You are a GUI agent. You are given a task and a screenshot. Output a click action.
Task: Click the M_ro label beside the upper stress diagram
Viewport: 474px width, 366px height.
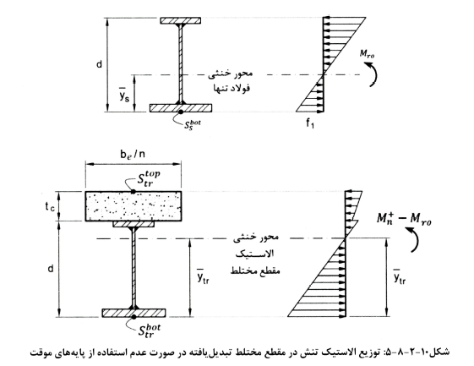(x=367, y=54)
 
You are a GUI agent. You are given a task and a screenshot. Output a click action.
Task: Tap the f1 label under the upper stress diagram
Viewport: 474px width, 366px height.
(x=310, y=123)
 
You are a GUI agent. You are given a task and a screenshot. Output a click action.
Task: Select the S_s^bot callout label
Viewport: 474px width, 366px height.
(x=193, y=124)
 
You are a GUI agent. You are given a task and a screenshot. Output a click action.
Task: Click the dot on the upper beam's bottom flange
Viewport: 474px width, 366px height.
(x=181, y=112)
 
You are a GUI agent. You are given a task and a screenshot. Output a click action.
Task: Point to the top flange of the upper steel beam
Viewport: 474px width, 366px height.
(x=181, y=20)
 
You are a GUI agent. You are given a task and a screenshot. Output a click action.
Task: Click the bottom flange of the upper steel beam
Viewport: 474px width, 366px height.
(x=181, y=108)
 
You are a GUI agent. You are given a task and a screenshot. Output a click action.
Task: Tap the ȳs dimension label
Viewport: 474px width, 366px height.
(x=124, y=95)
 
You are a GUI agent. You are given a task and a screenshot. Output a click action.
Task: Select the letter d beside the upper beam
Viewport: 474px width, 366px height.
(x=99, y=64)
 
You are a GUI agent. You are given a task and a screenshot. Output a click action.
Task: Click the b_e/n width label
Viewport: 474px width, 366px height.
(x=133, y=155)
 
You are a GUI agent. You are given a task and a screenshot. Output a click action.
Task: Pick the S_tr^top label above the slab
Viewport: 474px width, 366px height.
(x=148, y=178)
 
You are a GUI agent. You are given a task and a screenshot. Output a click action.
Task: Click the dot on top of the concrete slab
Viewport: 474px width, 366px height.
(x=133, y=192)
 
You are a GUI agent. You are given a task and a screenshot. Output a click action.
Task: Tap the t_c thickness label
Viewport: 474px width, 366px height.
(x=50, y=206)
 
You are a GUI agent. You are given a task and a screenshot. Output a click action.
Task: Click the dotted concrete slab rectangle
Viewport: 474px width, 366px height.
(x=133, y=206)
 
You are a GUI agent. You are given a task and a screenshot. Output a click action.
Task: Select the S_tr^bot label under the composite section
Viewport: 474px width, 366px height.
(x=149, y=330)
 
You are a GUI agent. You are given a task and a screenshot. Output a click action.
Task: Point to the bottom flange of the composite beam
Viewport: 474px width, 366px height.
(x=133, y=313)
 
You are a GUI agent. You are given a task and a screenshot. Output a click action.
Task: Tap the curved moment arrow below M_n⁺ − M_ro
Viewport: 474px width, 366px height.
(x=416, y=239)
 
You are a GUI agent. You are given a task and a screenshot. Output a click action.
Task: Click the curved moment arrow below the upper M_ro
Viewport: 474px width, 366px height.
(x=373, y=74)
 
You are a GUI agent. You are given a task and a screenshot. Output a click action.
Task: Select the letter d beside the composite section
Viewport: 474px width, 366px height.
(x=51, y=268)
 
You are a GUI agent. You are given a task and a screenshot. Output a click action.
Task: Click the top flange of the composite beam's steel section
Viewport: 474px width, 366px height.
(x=133, y=224)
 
